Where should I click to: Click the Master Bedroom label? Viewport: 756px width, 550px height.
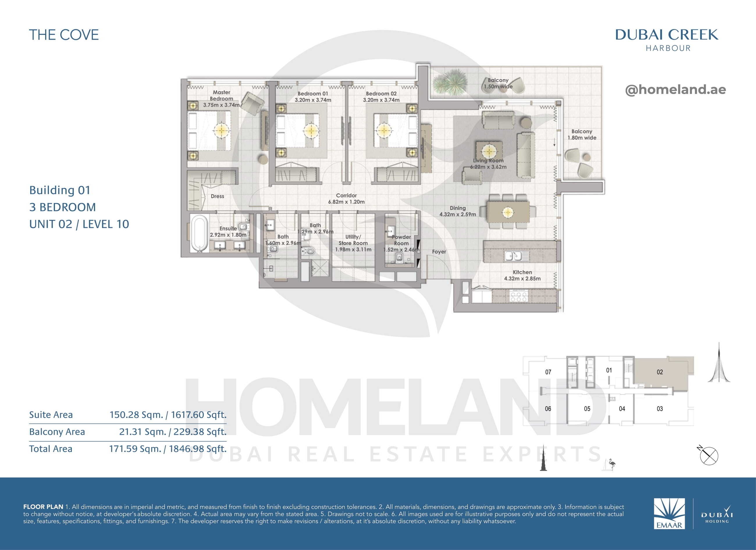[x=222, y=95]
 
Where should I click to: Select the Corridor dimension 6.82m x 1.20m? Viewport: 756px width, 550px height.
[x=346, y=202]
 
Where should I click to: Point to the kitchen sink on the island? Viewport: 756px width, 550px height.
[x=513, y=256]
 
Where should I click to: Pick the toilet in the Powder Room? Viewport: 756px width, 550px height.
[x=399, y=258]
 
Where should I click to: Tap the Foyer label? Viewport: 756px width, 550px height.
[x=439, y=252]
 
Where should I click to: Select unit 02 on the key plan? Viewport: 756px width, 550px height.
[x=660, y=372]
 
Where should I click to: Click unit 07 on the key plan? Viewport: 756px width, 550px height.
[x=548, y=372]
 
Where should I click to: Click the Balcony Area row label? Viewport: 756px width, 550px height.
[x=57, y=432]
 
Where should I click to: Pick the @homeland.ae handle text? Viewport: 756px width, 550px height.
[x=675, y=89]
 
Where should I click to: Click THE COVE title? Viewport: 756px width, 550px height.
[x=64, y=35]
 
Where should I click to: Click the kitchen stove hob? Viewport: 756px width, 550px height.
[x=518, y=296]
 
